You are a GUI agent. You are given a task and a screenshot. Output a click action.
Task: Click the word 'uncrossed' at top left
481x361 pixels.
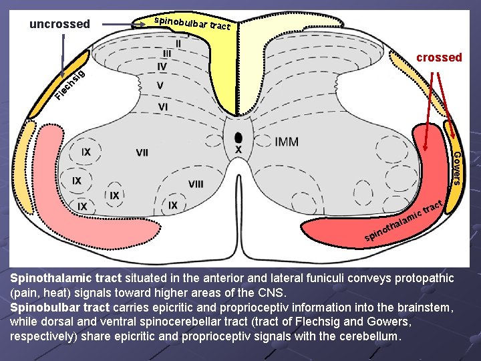[59, 25]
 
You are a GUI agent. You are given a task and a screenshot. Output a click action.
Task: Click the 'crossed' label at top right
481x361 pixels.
[439, 57]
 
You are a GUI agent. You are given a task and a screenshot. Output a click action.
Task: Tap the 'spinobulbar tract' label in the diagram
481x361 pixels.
[192, 23]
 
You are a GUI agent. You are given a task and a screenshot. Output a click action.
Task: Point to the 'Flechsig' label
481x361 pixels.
[70, 88]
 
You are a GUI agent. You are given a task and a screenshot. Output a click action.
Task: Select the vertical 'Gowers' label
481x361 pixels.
[456, 168]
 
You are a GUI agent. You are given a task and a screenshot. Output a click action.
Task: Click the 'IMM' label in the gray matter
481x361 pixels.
[287, 142]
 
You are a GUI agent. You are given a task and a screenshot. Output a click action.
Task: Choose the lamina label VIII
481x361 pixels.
[196, 184]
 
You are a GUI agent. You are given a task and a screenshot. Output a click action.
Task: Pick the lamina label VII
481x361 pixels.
[142, 153]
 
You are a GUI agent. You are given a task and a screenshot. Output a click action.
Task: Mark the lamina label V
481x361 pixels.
[160, 86]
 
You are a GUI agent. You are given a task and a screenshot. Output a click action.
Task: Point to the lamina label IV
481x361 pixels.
[162, 67]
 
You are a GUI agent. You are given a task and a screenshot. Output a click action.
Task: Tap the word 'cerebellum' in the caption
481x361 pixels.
[367, 336]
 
